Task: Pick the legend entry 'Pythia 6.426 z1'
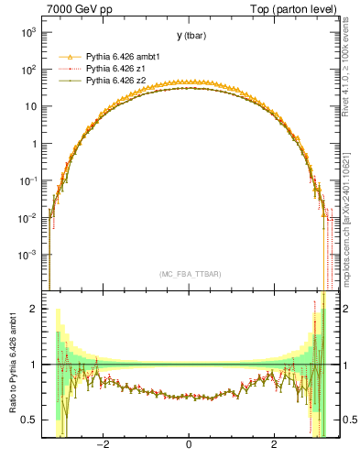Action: click(x=118, y=69)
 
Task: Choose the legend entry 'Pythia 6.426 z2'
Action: click(x=118, y=81)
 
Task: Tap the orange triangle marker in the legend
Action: click(x=70, y=57)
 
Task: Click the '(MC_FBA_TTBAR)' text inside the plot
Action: click(x=190, y=274)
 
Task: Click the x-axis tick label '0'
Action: click(x=189, y=445)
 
